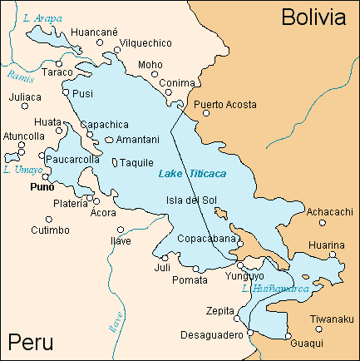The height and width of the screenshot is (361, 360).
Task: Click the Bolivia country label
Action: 313,17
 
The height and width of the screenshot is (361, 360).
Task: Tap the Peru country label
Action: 31,342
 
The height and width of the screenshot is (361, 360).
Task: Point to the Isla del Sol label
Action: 191,200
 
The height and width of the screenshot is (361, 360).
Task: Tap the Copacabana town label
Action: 207,239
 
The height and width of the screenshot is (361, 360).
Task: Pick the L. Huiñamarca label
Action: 274,289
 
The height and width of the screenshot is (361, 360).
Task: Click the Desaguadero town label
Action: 211,335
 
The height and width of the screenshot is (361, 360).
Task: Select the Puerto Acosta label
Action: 224,105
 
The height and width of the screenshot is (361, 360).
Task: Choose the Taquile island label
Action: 136,163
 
